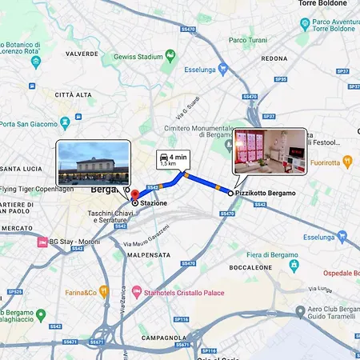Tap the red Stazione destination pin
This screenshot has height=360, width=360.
click(134, 194)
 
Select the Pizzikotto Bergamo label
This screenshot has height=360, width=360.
click(265, 194)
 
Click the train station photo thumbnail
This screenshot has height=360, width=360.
click(94, 161)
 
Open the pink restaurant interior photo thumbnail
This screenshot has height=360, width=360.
click(269, 150)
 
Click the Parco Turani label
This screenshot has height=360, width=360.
click(247, 39)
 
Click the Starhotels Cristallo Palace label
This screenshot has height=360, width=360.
click(186, 291)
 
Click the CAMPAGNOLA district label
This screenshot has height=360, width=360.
click(164, 338)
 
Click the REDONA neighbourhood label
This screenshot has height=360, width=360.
click(274, 58)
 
